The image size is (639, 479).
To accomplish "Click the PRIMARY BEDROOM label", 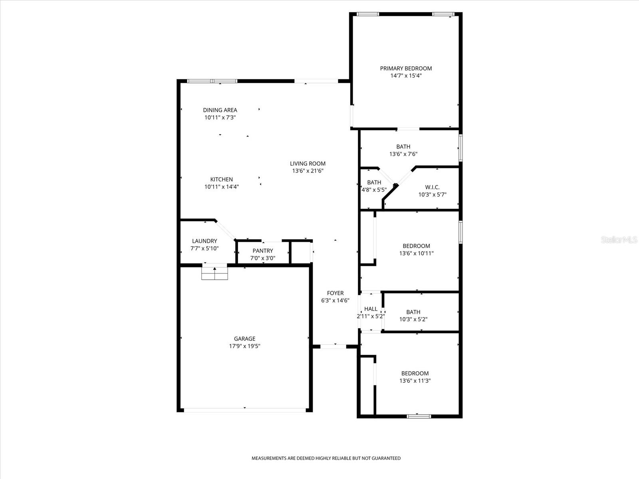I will click(x=406, y=68).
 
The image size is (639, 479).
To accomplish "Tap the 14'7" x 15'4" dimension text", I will click(x=406, y=75).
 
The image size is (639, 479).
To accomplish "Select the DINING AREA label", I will click(x=220, y=110).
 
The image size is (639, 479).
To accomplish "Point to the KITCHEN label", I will click(x=222, y=180).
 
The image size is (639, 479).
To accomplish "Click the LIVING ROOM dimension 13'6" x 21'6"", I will click(x=308, y=171).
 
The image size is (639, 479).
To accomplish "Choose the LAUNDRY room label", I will click(x=204, y=241).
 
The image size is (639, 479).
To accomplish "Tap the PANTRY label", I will click(x=263, y=251).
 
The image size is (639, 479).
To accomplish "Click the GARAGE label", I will click(x=244, y=339).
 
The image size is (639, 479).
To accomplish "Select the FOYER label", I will click(x=335, y=293).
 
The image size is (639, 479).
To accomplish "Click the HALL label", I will click(x=371, y=309).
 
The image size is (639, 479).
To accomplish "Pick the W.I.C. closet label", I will click(x=432, y=187).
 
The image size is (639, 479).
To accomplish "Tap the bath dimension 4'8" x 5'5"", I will click(x=374, y=190).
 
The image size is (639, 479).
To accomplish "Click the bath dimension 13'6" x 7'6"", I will click(x=403, y=154).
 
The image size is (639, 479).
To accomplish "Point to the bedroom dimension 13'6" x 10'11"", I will click(x=416, y=253).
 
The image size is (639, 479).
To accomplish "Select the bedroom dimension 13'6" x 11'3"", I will click(x=415, y=381).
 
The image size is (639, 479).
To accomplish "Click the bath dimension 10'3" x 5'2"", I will click(x=413, y=319).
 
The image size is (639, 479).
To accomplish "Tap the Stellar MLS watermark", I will click(x=619, y=239).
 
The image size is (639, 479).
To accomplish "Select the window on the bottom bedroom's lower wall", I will click(x=419, y=416).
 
